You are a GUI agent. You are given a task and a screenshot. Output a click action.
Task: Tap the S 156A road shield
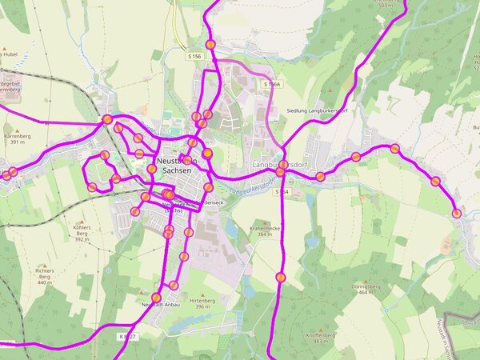(272, 84)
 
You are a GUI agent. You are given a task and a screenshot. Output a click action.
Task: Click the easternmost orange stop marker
(456, 213)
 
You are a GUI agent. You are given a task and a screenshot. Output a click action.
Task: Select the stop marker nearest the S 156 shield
(210, 45)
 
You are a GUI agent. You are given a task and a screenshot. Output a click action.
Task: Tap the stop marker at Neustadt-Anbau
(157, 298)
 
